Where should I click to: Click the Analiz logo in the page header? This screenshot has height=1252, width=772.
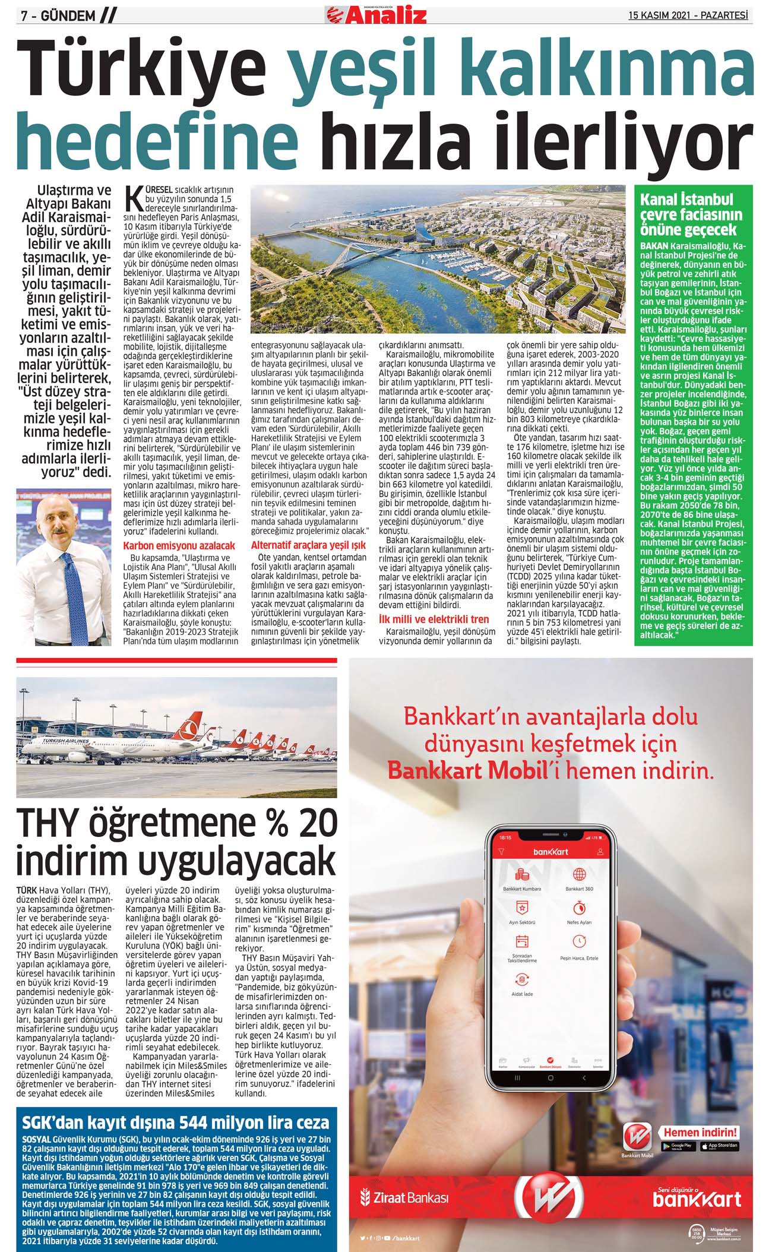376,15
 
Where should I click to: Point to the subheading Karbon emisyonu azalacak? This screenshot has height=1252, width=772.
179,545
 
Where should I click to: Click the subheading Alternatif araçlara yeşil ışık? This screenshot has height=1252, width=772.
308,545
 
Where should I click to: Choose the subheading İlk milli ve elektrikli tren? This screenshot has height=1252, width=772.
434,619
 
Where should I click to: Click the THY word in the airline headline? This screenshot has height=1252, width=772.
48,823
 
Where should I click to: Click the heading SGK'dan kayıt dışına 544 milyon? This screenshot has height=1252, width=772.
175,1123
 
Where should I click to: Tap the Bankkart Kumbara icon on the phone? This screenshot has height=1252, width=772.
522,875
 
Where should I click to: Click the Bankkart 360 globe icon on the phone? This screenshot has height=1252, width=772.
579,874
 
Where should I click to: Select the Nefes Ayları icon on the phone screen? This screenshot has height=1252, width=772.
579,909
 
